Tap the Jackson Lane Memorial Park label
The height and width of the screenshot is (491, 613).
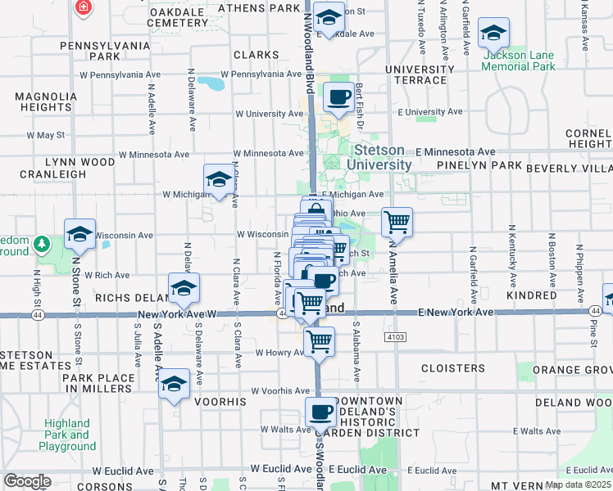tap(519, 61)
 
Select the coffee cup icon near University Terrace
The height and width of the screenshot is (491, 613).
tap(338, 97)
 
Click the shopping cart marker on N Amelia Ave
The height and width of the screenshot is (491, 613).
tap(397, 220)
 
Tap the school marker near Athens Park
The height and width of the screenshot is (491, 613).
tap(329, 17)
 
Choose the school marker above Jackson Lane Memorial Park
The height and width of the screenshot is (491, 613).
tap(493, 33)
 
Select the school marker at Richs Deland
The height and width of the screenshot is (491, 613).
tap(184, 287)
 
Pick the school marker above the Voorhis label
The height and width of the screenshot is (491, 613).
tap(174, 383)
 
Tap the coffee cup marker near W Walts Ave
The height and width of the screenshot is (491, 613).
tap(320, 412)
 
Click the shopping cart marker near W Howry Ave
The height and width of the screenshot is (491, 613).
tap(319, 340)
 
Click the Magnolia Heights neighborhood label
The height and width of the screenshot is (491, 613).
tap(43, 101)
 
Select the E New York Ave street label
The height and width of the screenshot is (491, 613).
tap(455, 313)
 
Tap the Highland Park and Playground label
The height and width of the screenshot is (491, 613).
tap(67, 435)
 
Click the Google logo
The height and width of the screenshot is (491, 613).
tap(26, 480)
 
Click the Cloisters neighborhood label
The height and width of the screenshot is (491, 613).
tap(452, 368)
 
